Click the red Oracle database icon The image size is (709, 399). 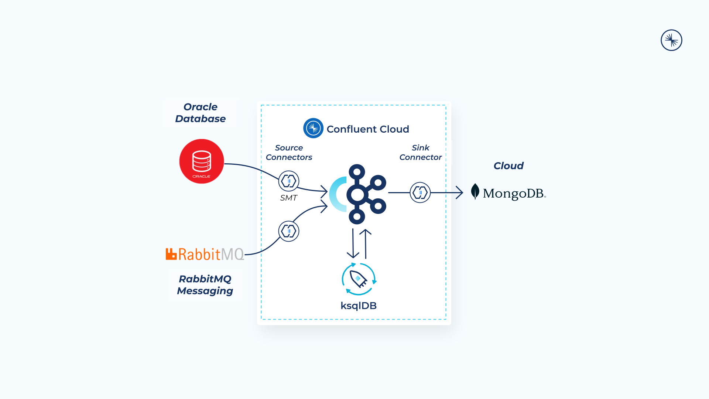[201, 161]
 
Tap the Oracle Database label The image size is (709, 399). [200, 113]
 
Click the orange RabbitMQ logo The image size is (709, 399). [205, 254]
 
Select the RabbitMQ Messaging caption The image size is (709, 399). [205, 285]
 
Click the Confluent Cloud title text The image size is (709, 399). [368, 129]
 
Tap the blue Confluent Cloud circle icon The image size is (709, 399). [313, 128]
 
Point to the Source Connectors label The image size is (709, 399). [289, 152]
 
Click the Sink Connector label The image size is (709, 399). [420, 152]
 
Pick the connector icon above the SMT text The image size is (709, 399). [288, 181]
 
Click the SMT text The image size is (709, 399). [288, 198]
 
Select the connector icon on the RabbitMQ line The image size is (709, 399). [288, 231]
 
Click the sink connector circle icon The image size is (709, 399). [420, 192]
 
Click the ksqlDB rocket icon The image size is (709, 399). [358, 279]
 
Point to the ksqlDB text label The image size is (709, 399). [358, 306]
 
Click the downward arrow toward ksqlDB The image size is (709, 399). [353, 244]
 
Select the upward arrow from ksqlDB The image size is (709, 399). [366, 244]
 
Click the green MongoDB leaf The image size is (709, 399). [475, 191]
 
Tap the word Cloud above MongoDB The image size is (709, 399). [508, 166]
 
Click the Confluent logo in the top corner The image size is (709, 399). [671, 40]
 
